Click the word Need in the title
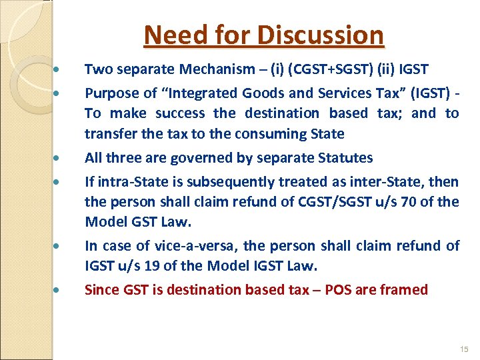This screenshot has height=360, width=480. pos(169,35)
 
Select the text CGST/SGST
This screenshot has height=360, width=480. pos(323,201)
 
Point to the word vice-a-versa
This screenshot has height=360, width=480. pos(177,246)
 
